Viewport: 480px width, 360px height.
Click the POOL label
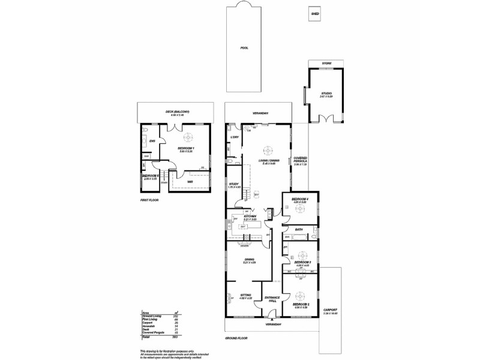(244, 47)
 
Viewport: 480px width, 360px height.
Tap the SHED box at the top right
(314, 13)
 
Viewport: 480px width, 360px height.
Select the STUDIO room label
(326, 94)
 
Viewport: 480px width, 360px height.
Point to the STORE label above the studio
(326, 63)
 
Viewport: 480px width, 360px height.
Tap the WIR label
(190, 182)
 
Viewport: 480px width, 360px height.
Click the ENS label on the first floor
(152, 141)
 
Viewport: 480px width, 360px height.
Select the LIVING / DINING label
(268, 160)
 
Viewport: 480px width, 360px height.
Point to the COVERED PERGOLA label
(300, 162)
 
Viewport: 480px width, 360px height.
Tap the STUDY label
(234, 185)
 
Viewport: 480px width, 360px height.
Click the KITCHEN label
(250, 217)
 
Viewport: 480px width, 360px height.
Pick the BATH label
(298, 229)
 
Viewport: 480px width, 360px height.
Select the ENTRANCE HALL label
(272, 299)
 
